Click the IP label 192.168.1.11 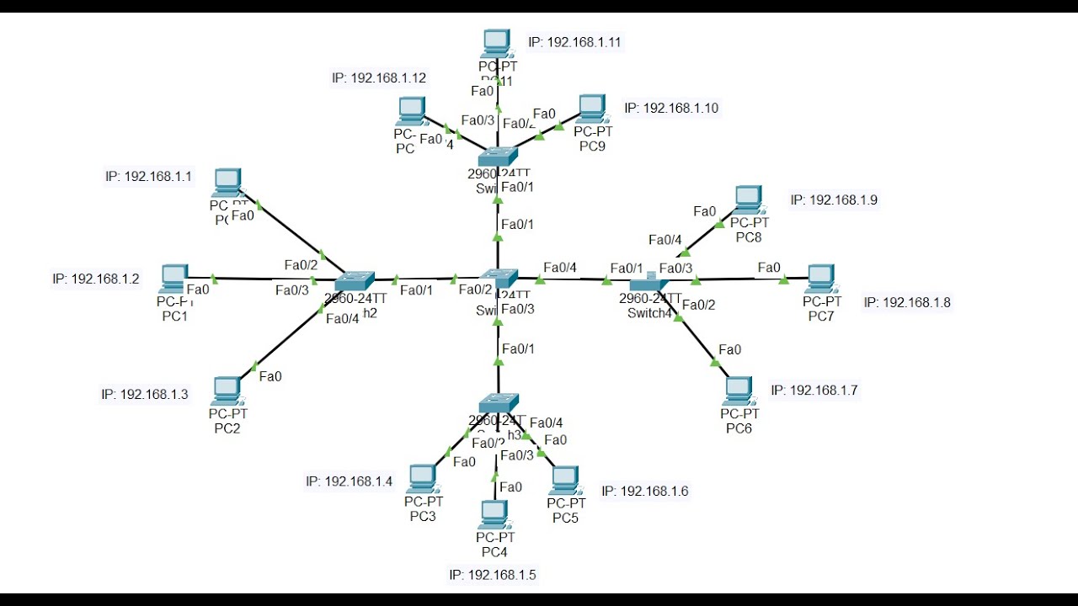pos(574,41)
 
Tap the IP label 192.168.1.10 pos(671,108)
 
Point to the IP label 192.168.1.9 pos(834,200)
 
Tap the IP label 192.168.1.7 pos(814,390)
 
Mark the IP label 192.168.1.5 pos(493,575)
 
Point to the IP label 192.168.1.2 pos(96,279)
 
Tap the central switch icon pos(499,278)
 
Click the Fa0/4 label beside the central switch pos(560,268)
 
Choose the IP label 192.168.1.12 pos(379,77)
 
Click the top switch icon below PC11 pos(499,157)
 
